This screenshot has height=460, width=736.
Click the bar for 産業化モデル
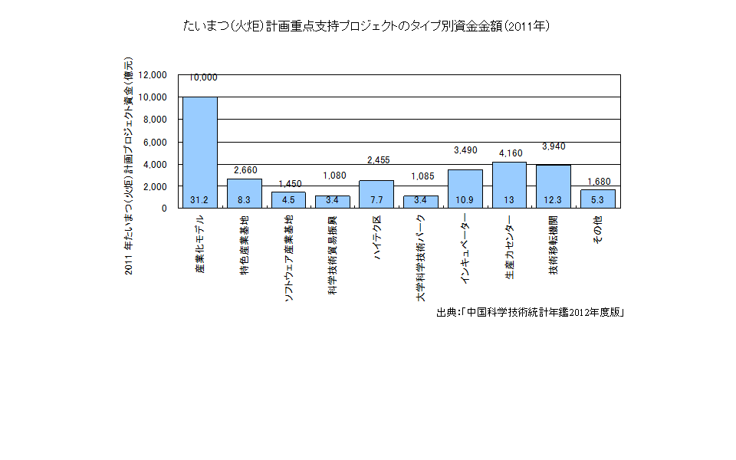point(199,152)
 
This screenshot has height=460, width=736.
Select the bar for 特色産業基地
point(244,192)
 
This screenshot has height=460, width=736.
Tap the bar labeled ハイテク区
point(376,193)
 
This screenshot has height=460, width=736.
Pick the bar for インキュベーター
point(465,188)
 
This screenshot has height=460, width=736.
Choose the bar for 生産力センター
point(509,184)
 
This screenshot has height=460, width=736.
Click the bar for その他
point(597,198)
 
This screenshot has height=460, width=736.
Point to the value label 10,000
point(203,77)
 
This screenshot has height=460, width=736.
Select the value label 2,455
point(379,160)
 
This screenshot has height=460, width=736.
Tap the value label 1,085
point(422,176)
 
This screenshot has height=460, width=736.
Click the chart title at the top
point(367,26)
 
